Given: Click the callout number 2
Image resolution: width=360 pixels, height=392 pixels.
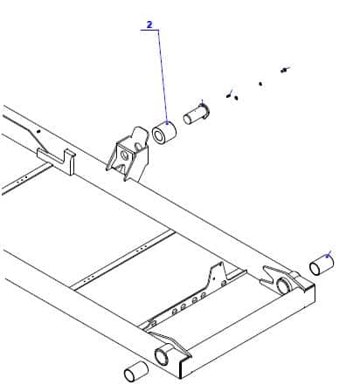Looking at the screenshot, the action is pyautogui.click(x=149, y=24).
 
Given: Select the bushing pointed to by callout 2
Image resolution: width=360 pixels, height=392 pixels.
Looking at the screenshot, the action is pyautogui.click(x=164, y=133).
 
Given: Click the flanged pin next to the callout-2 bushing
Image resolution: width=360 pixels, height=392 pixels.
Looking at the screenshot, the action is pyautogui.click(x=196, y=114).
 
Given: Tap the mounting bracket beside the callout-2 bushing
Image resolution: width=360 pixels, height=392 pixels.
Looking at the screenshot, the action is pyautogui.click(x=129, y=155).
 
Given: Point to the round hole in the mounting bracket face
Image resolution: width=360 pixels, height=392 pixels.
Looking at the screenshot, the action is pyautogui.click(x=124, y=155).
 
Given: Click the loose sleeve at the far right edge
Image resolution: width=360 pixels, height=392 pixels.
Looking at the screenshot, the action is pyautogui.click(x=322, y=265).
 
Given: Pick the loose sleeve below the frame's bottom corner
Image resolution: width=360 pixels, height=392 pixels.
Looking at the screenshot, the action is pyautogui.click(x=136, y=371).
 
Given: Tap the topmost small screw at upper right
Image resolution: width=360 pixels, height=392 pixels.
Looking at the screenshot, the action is pyautogui.click(x=283, y=71).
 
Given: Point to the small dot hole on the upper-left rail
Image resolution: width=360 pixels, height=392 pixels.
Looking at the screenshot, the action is pyautogui.click(x=38, y=131).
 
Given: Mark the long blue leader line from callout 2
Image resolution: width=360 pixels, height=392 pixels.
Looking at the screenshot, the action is pyautogui.click(x=163, y=76).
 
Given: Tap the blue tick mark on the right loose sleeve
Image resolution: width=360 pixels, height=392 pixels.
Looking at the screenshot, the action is pyautogui.click(x=329, y=254).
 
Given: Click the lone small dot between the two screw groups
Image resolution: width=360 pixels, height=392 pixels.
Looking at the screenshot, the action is pyautogui.click(x=260, y=84).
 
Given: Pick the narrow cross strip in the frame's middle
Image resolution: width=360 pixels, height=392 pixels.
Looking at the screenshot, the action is pyautogui.click(x=123, y=259).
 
